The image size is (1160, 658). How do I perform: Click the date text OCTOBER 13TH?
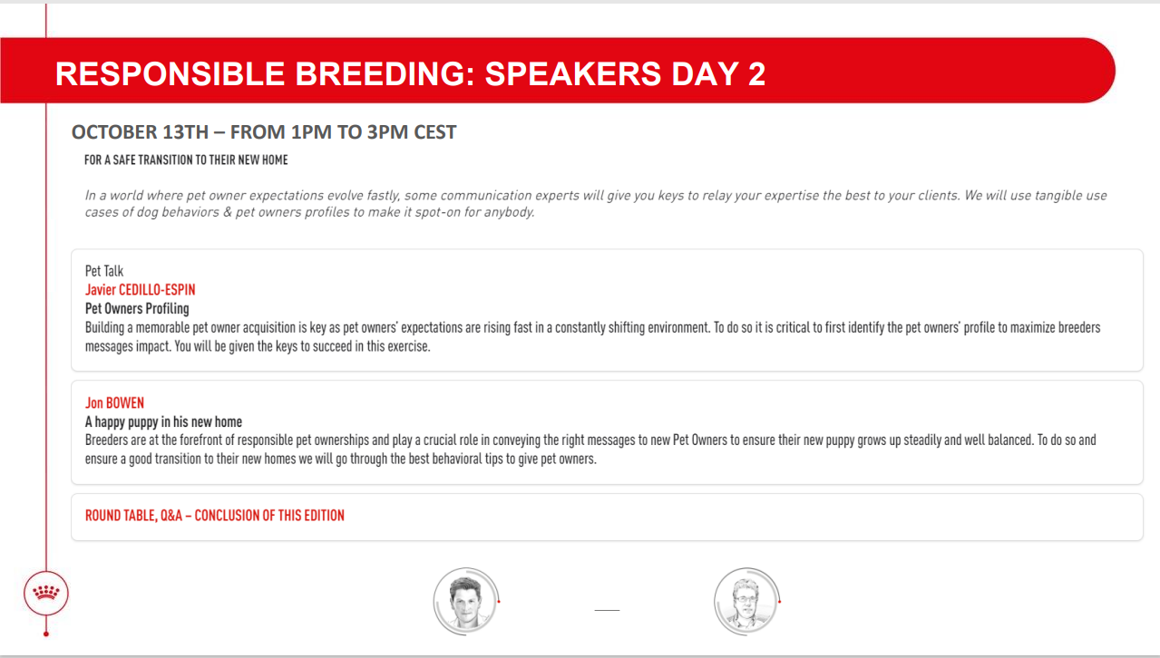140,132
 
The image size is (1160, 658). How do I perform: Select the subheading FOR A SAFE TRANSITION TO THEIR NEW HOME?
186,160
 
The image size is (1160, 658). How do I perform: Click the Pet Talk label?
104,271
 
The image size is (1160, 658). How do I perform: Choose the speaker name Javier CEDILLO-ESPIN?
141,290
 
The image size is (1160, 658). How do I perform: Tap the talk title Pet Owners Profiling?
137,308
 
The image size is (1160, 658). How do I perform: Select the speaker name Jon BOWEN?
114,402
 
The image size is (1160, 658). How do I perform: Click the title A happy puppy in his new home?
163,422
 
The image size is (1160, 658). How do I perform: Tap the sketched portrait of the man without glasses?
465,601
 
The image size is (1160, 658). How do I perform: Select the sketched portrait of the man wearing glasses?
746,601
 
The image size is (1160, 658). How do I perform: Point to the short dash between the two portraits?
607,610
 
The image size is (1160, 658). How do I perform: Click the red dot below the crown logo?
46,634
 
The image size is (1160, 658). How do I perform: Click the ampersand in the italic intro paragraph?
228,212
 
